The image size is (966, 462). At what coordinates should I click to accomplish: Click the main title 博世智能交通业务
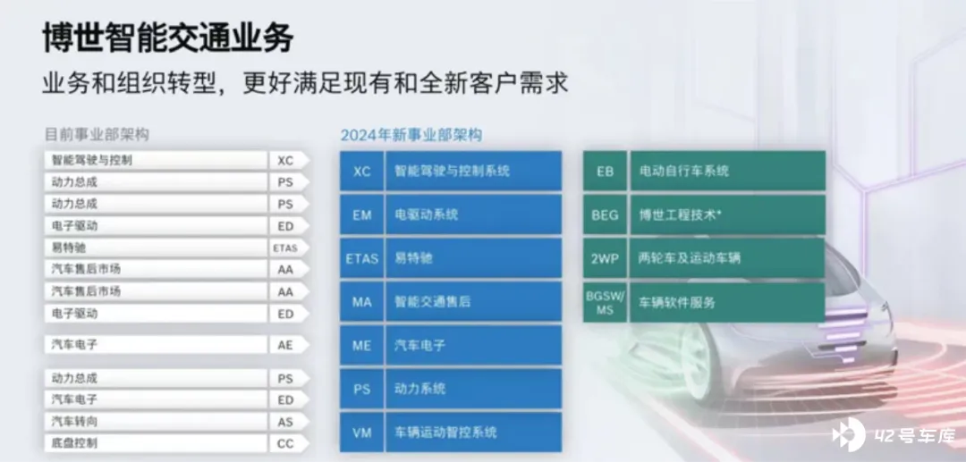(x=168, y=38)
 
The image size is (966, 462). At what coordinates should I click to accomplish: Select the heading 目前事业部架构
(x=97, y=134)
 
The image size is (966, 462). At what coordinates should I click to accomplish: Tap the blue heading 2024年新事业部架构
(x=411, y=135)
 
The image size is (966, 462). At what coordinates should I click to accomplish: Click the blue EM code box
(x=361, y=214)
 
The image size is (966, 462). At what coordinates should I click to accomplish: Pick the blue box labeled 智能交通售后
(x=473, y=302)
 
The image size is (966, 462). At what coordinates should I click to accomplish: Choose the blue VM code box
(x=361, y=433)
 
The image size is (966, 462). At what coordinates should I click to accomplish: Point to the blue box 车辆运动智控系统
(x=473, y=433)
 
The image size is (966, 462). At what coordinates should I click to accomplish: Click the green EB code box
(x=605, y=171)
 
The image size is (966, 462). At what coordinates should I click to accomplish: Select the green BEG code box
(x=605, y=214)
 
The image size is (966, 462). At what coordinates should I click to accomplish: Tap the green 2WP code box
(x=605, y=258)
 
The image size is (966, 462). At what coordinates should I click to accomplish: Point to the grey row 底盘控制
(x=156, y=443)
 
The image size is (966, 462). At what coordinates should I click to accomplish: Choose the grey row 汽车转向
(x=156, y=422)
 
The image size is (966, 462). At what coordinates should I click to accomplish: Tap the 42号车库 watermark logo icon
(x=848, y=434)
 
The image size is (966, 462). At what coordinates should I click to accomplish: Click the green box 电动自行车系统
(x=727, y=171)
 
